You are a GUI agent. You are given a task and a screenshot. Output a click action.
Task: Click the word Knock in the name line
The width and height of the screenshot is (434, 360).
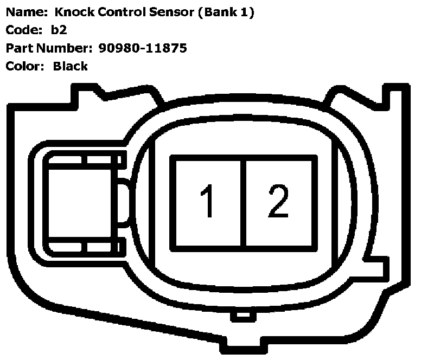pos(73,12)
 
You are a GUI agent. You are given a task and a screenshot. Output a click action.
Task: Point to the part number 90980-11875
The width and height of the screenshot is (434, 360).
pos(143,48)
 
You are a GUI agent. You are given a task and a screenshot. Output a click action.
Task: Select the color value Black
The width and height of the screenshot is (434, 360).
pos(70,66)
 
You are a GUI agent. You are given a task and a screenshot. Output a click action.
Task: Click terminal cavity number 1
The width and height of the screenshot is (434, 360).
pos(207,202)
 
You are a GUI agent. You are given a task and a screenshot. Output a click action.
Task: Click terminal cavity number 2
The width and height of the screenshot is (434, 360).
pos(279,202)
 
